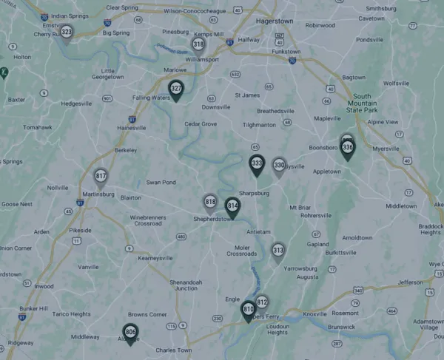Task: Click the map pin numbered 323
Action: point(67,33)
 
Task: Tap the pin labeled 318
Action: point(198,44)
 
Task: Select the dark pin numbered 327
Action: point(176,89)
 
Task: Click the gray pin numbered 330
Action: point(279,166)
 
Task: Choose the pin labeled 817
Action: point(101,177)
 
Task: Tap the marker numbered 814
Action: point(232,206)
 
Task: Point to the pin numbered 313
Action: point(277,251)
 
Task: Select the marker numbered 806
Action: point(130,333)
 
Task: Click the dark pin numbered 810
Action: point(249,309)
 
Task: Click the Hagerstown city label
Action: point(275,21)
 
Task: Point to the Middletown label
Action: point(401,206)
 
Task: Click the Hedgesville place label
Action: point(81,104)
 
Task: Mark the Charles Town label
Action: point(174,350)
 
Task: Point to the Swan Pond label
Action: point(161,182)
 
